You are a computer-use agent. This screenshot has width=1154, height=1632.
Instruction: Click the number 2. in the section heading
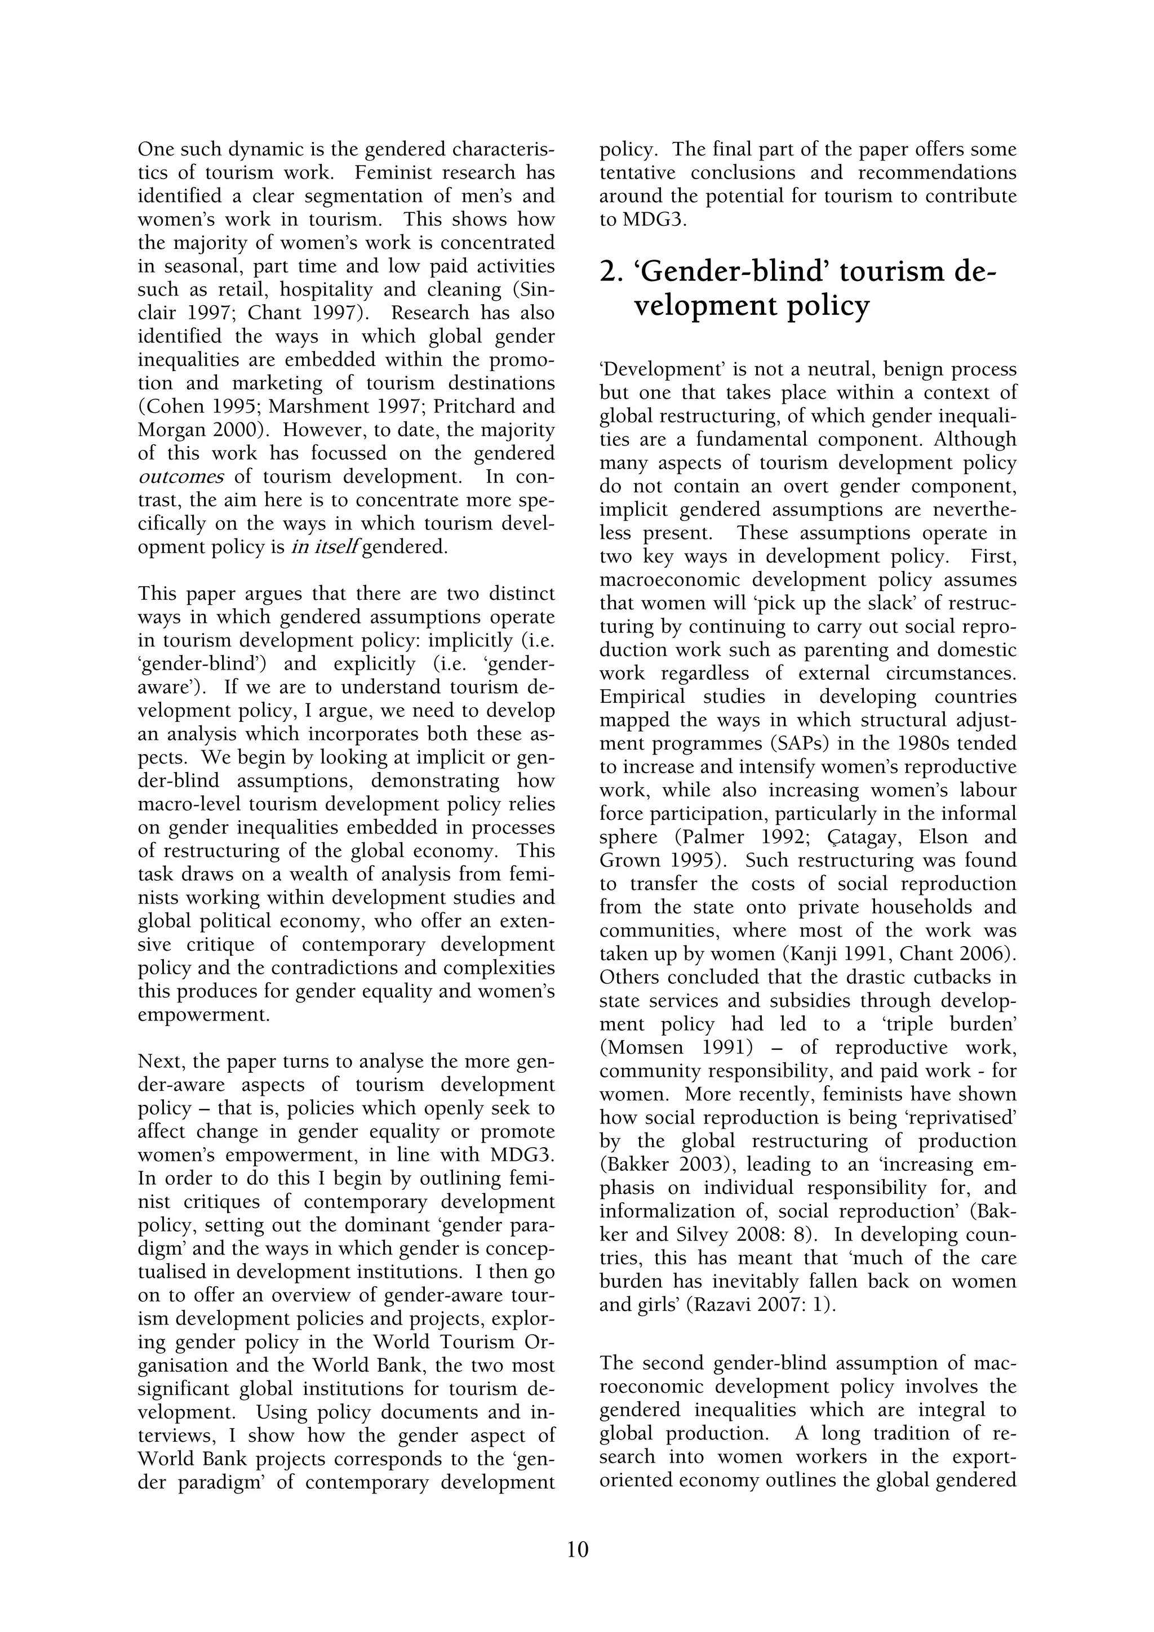611,272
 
